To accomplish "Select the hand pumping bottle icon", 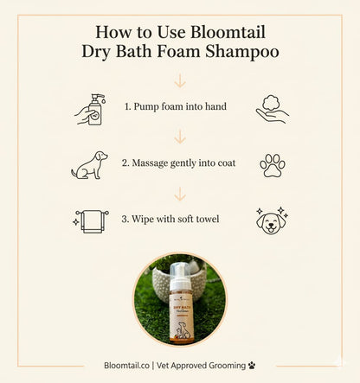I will pos(91,109).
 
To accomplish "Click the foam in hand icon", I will pos(271,107).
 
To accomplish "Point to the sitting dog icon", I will pos(90,164).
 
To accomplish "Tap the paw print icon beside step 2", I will pos(272,164).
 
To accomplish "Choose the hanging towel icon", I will pos(91,220).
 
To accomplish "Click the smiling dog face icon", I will pos(271,220).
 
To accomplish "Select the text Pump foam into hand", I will pos(175,107).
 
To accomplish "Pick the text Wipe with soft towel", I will pos(175,219).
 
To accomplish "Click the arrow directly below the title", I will pos(180,80).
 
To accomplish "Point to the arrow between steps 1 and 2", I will pos(180,137).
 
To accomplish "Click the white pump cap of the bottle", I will pos(181,265).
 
